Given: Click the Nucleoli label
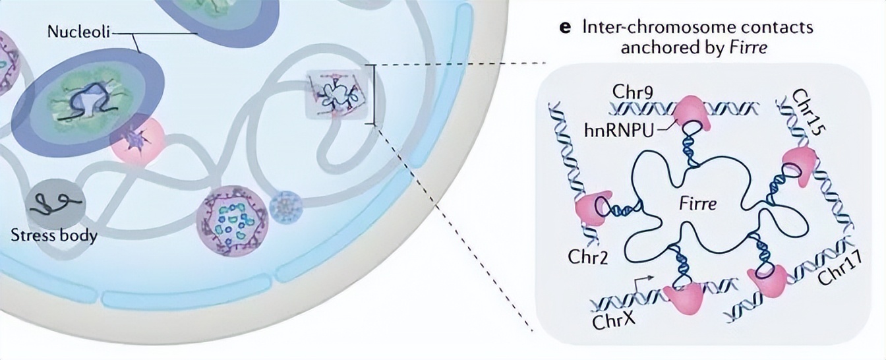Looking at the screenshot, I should pyautogui.click(x=78, y=32).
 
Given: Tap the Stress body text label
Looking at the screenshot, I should pyautogui.click(x=54, y=235).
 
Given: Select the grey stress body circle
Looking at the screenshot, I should pyautogui.click(x=55, y=202).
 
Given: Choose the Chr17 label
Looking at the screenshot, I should pyautogui.click(x=835, y=268).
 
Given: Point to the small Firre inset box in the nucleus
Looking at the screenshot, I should pyautogui.click(x=334, y=98).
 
